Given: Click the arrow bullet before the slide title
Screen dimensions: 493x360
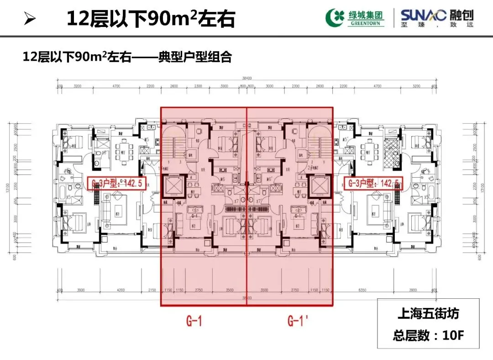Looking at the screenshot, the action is pos(29,20).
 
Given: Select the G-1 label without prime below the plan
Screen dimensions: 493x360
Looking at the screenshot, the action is pos(194,321).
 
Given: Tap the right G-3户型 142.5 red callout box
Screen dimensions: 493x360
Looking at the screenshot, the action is pos(374,184).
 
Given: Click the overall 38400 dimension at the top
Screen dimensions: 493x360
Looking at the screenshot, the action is pos(246,78).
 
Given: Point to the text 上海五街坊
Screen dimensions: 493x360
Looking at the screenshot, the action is pos(428,314).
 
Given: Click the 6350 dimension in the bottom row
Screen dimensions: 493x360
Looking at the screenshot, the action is pos(363,290).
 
